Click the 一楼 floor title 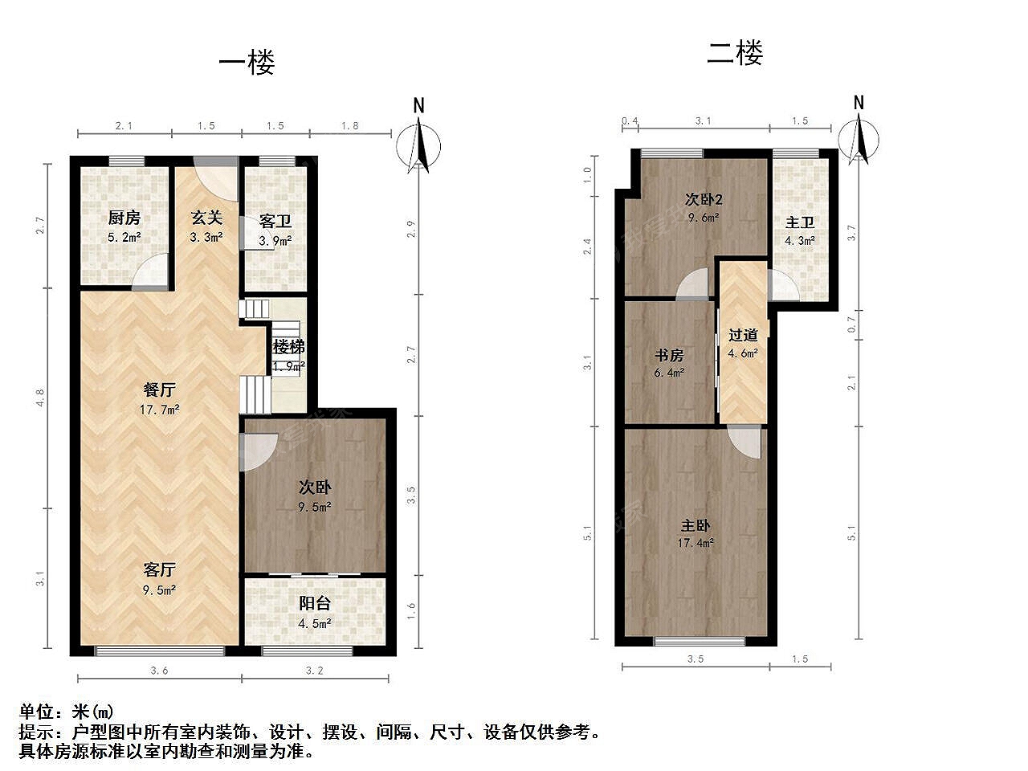click(247, 63)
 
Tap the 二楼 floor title click(735, 52)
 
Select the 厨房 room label click(124, 218)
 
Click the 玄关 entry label click(206, 218)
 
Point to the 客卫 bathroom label click(275, 221)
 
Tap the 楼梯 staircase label click(288, 347)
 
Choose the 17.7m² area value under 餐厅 click(160, 410)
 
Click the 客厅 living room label click(160, 569)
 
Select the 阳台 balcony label click(315, 603)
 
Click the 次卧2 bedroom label click(704, 199)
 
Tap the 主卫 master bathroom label click(800, 222)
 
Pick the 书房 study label click(669, 355)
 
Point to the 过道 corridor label click(743, 335)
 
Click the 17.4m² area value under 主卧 click(696, 543)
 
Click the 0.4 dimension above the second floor click(630, 121)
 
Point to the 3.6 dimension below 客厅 click(159, 671)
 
